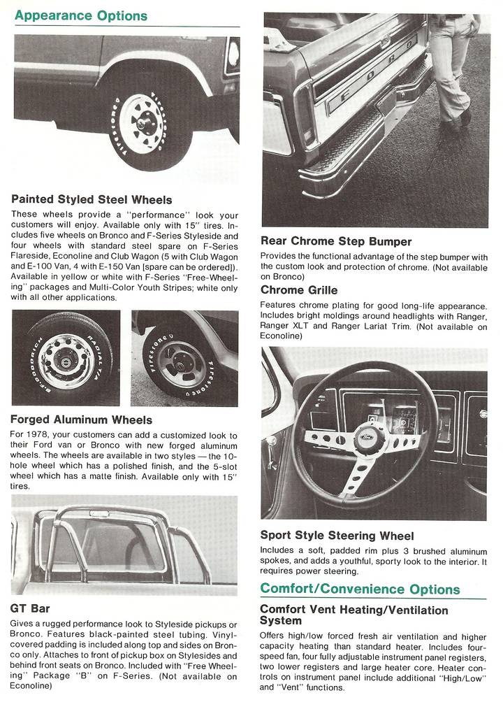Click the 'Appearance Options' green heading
(80, 15)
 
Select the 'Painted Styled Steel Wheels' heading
(92, 200)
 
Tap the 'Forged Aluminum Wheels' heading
(81, 420)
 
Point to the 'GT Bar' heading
(30, 608)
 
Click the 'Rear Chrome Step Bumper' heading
(336, 241)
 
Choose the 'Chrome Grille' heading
(298, 289)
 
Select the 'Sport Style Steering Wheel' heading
(337, 536)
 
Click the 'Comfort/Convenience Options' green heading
(360, 589)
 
